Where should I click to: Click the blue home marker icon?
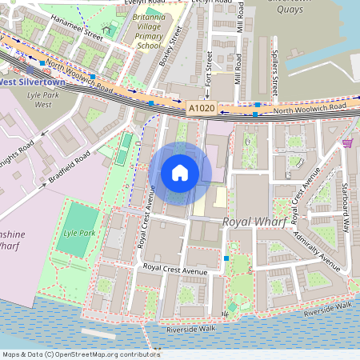pyautogui.click(x=180, y=172)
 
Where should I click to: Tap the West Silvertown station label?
pyautogui.click(x=30, y=81)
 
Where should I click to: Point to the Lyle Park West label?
pyautogui.click(x=38, y=99)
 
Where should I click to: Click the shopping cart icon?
pyautogui.click(x=347, y=142)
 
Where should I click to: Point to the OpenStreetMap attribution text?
pyautogui.click(x=80, y=354)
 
